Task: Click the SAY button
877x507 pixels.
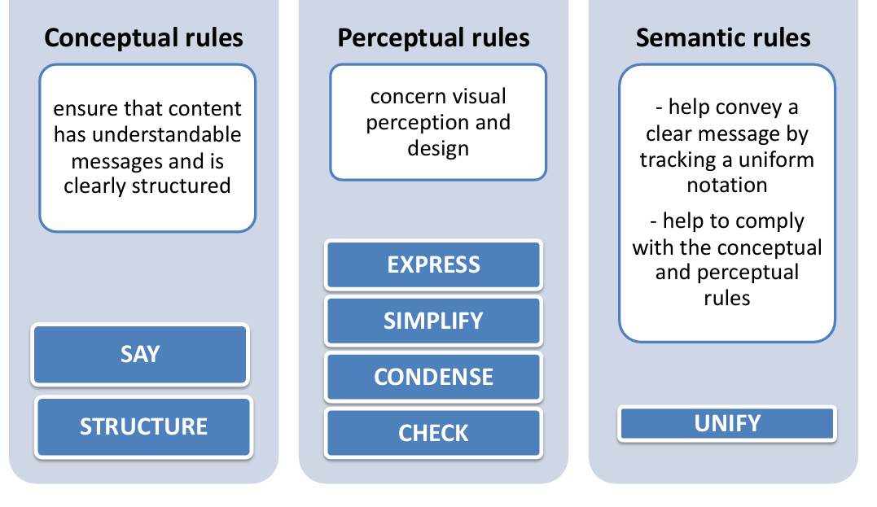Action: (x=140, y=354)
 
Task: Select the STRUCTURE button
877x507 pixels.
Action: (x=144, y=427)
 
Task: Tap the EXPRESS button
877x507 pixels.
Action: (x=433, y=265)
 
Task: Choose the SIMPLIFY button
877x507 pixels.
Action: (x=433, y=321)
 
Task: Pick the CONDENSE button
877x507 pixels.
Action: (x=433, y=378)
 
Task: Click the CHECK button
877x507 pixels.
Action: (x=433, y=433)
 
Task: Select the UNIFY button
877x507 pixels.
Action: (x=727, y=423)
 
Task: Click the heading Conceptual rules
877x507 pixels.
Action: (x=144, y=38)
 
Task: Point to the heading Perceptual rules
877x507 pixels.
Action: (x=433, y=38)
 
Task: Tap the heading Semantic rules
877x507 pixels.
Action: (x=723, y=38)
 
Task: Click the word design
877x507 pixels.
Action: (x=438, y=149)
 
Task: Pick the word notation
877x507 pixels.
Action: (x=727, y=185)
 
